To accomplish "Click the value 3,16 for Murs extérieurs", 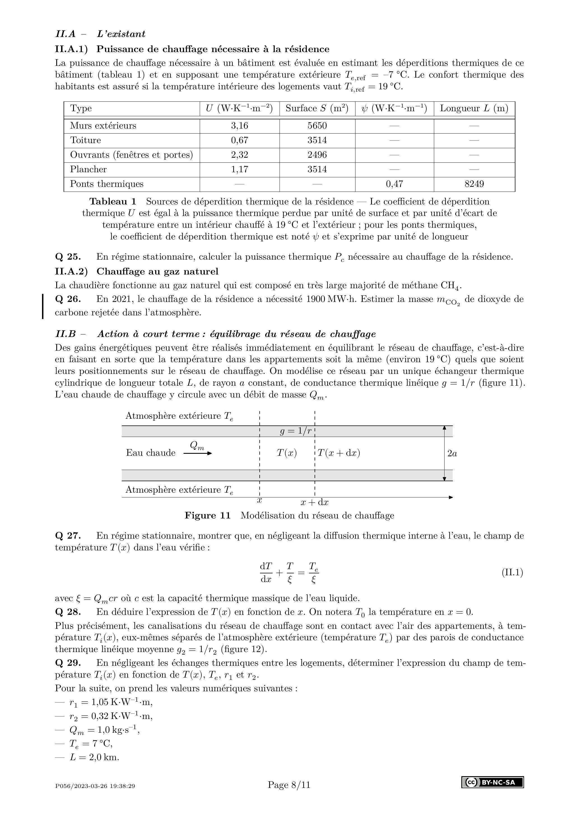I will pos(239,125).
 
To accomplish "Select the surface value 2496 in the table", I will pos(317,155).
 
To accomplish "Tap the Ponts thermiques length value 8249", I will pos(474,184).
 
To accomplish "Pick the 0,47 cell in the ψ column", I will pos(394,184).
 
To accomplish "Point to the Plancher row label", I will pos(88,169).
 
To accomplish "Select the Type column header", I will pos(81,108).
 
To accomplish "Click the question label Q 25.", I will pos(68,257).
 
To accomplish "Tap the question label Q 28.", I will pos(68,612).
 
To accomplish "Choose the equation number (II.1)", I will pos(512,573).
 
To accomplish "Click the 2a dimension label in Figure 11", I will pos(452,453).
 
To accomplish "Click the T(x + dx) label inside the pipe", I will pos(339,453).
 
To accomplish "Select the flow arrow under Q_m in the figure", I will pos(198,453).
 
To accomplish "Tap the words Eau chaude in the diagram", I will pos(150,453).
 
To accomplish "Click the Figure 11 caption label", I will pos(207,516).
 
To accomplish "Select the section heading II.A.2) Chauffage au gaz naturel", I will pos(136,271).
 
